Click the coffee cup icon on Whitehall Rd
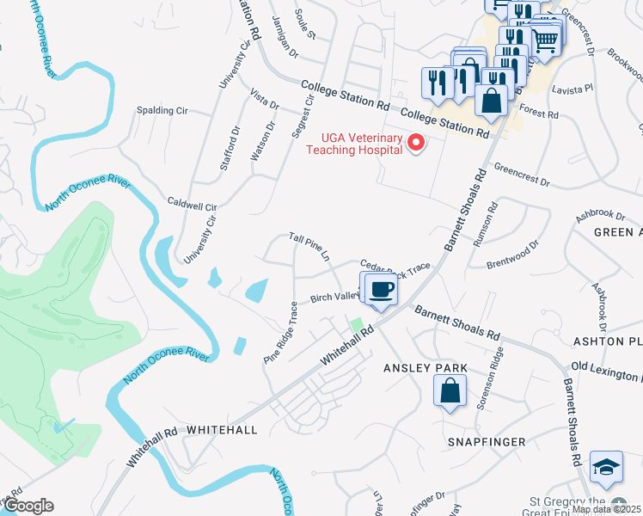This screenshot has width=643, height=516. click(x=382, y=289)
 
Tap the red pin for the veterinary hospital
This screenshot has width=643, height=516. click(x=416, y=142)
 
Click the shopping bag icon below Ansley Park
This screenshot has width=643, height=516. click(x=450, y=393)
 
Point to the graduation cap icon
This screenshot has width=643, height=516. click(x=606, y=466)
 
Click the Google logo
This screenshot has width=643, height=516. click(x=28, y=506)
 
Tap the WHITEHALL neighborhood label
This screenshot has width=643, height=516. click(x=222, y=428)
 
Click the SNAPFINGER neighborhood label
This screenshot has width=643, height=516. click(x=486, y=441)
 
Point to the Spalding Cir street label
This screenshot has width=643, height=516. click(x=162, y=112)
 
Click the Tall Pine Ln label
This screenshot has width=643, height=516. click(x=309, y=245)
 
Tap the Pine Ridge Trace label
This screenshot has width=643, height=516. click(x=282, y=331)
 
